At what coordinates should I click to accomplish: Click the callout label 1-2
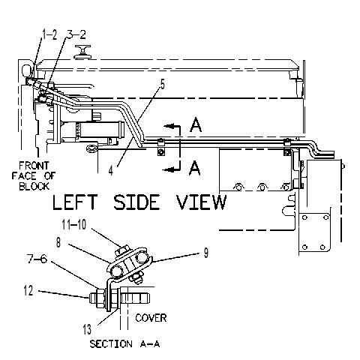49,34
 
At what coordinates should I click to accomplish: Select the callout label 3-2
76,34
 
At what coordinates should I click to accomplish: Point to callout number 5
163,85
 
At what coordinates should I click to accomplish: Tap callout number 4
111,170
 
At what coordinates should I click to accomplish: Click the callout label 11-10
74,224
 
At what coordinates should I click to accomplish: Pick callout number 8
58,242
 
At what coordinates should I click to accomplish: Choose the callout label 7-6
37,259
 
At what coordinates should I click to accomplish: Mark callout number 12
28,291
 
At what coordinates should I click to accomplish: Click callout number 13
87,329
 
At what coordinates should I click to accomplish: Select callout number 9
205,253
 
